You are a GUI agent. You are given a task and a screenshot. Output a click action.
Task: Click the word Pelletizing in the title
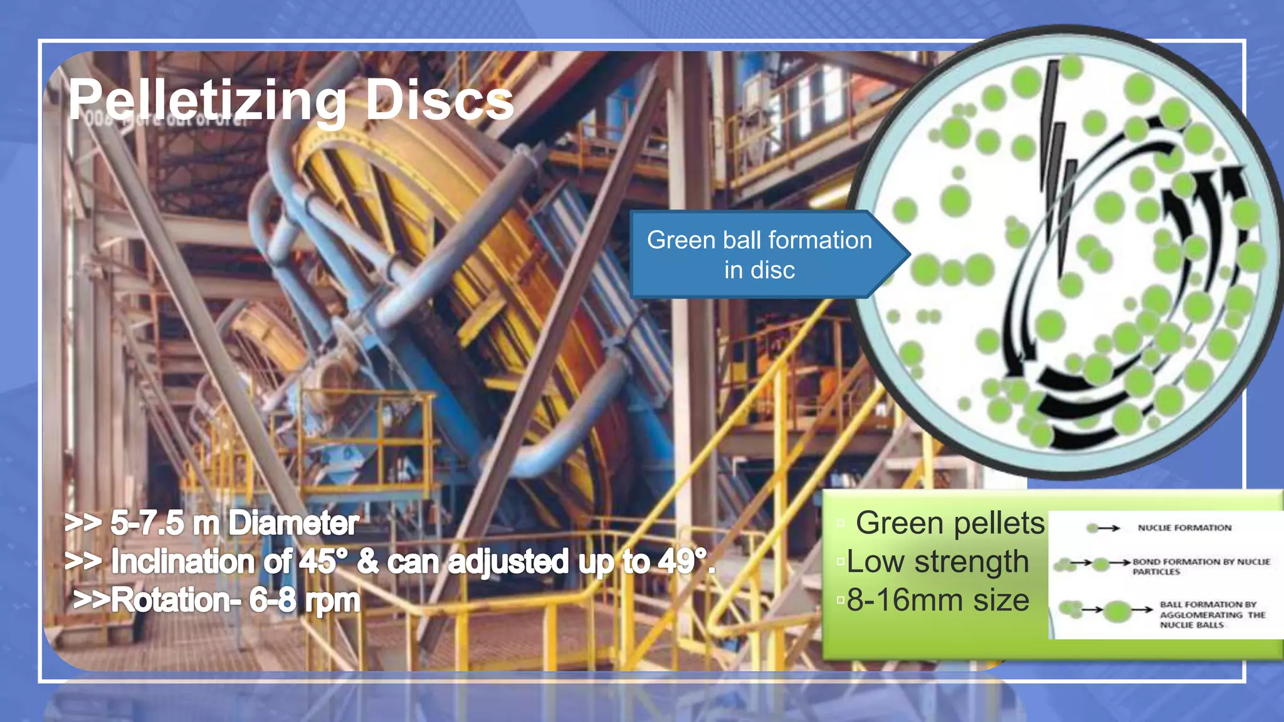point(207,100)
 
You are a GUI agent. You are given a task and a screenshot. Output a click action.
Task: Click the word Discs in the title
point(439,100)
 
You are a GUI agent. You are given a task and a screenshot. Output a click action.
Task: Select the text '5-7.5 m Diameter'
point(234,523)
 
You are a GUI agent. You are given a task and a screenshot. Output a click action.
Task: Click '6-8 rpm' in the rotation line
point(305,600)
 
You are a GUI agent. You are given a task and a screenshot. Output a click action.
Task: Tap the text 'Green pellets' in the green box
point(950,523)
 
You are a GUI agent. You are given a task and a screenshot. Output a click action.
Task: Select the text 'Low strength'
point(937,562)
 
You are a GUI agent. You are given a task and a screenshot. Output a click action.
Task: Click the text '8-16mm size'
point(937,600)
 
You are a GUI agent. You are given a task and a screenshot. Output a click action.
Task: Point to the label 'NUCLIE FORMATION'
point(1184,528)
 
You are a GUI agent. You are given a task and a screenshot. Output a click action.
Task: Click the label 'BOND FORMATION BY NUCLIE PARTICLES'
point(1201,567)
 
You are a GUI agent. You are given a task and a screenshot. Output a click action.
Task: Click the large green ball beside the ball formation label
point(1117,610)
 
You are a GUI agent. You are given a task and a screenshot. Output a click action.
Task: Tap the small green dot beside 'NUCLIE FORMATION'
point(1092,528)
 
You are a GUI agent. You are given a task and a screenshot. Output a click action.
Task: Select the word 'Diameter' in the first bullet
point(293,523)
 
